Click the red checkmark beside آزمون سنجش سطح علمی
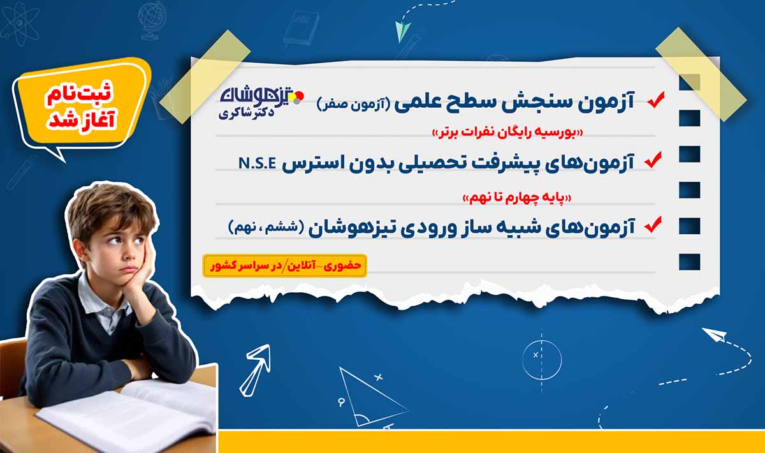pos(655,100)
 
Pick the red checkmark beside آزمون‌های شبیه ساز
pos(653,224)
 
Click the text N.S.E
pos(257,162)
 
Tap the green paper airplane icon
pos(404,29)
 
